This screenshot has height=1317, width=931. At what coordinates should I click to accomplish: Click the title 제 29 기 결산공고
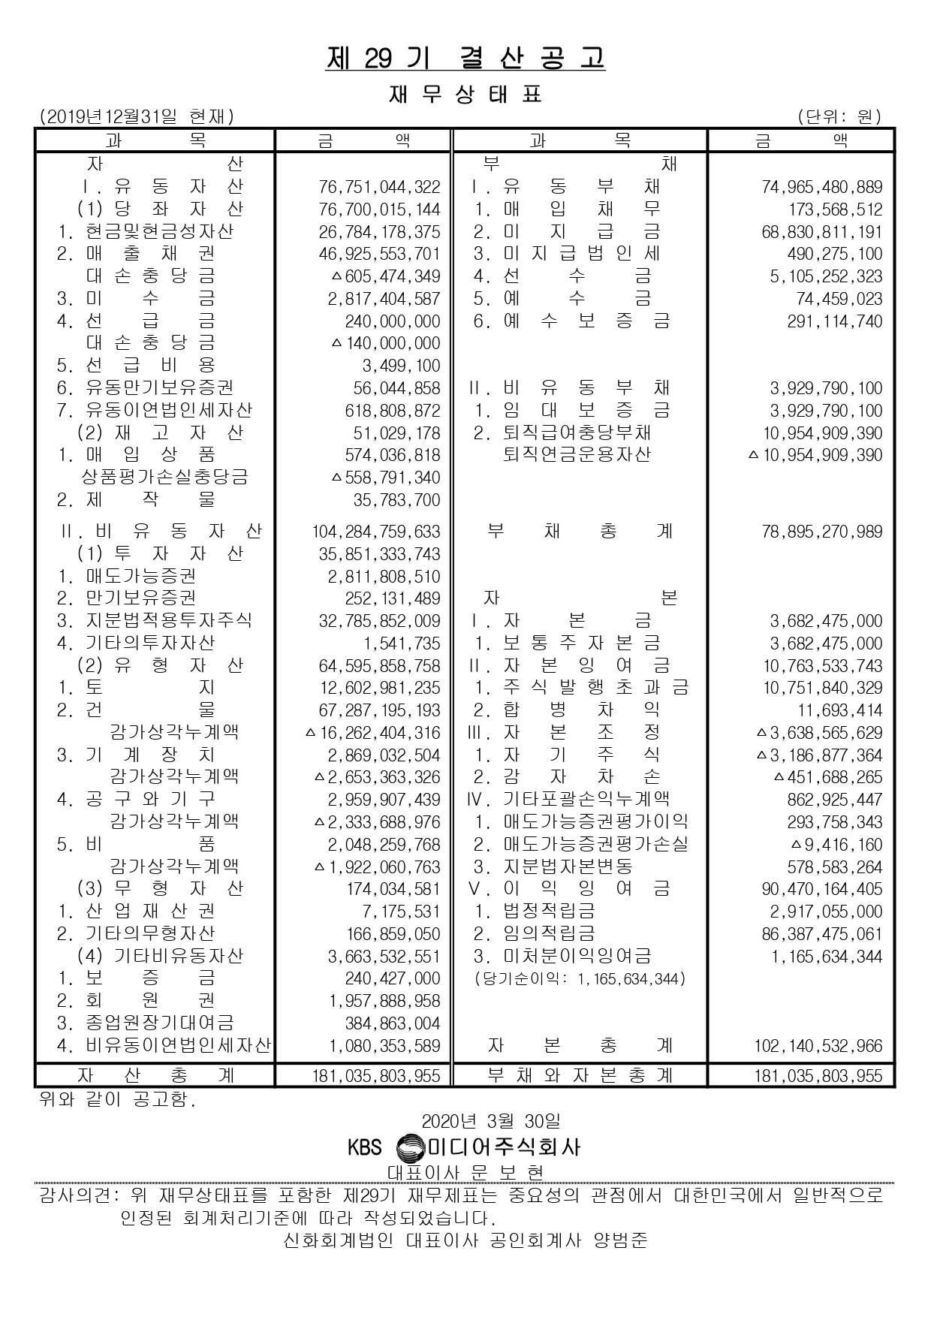point(465,59)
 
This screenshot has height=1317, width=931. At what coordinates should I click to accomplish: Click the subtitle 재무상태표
point(465,95)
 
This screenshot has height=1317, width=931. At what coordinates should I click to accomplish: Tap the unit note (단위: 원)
point(840,116)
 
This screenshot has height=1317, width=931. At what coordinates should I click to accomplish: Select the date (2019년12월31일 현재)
point(137,116)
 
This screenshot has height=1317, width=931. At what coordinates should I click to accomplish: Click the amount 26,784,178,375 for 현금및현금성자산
point(379,232)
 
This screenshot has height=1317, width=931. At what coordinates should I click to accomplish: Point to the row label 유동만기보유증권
point(159,388)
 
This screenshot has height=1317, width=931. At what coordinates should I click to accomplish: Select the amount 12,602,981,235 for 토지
point(379,689)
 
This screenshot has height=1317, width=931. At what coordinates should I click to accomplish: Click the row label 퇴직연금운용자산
point(577,455)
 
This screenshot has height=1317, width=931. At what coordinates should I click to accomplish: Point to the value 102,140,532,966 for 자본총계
point(818,1046)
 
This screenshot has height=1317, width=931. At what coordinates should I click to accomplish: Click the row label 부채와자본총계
point(580,1075)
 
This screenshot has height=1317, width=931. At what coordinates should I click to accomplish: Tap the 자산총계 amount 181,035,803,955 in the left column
point(376,1076)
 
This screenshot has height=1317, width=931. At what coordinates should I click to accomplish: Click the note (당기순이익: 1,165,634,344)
point(580,979)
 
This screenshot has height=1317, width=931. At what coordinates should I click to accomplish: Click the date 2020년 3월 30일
point(490,1121)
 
